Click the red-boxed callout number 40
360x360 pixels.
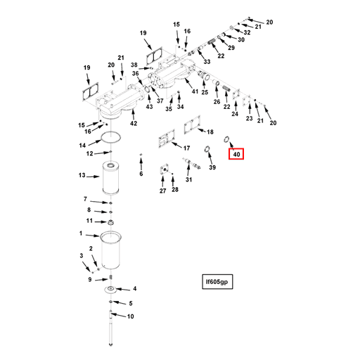click(x=236, y=154)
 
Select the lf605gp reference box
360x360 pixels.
click(x=217, y=281)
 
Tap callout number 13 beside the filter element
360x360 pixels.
click(x=82, y=175)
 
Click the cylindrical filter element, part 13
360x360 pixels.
click(x=111, y=177)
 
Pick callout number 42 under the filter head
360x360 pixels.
click(x=134, y=123)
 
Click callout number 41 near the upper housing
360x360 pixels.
click(x=195, y=91)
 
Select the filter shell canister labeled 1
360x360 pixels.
click(x=111, y=250)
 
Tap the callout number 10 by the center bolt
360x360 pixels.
click(x=130, y=316)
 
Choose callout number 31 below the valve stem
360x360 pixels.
click(x=188, y=179)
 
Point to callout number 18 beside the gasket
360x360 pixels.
click(x=210, y=132)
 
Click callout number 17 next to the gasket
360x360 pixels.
click(x=186, y=148)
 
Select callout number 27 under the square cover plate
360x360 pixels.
click(x=162, y=191)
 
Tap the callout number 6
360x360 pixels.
click(x=141, y=174)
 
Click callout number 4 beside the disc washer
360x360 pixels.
click(x=135, y=288)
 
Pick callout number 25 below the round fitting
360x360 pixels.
click(x=205, y=92)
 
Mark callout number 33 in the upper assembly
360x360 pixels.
click(x=207, y=62)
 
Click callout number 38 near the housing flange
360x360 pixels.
click(x=134, y=65)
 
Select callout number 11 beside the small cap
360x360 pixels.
click(x=89, y=221)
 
